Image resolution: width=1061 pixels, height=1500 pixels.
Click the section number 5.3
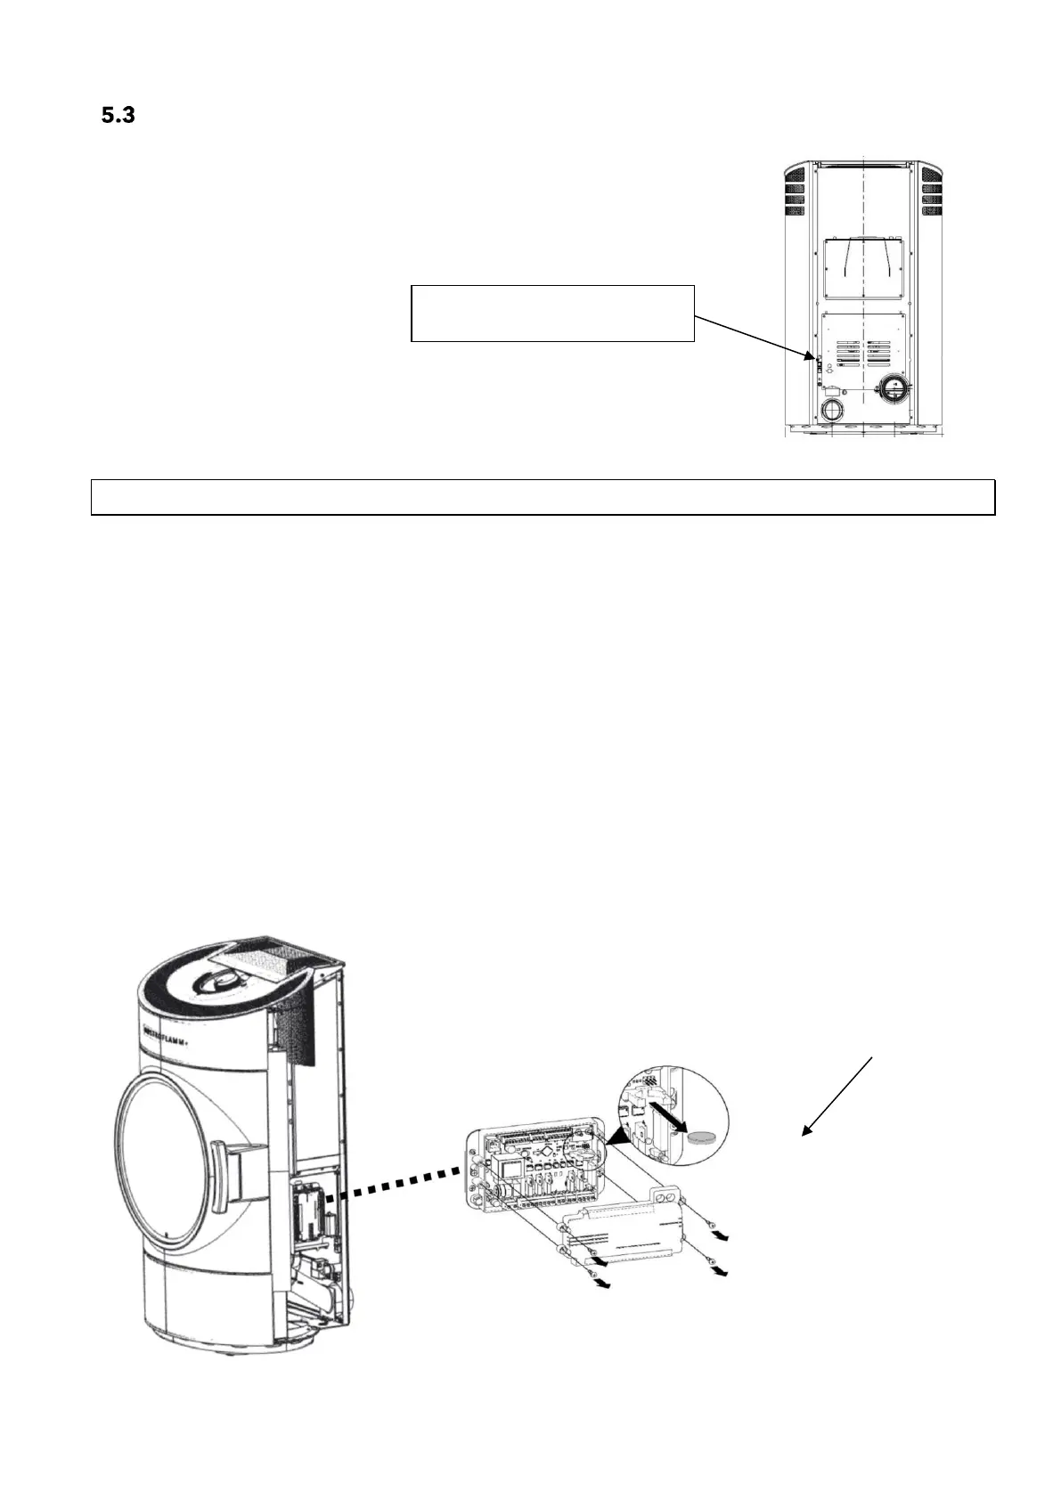(117, 115)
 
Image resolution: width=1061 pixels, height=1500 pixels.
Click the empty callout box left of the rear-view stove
(551, 313)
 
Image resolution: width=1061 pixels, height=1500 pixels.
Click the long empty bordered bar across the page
(543, 497)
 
